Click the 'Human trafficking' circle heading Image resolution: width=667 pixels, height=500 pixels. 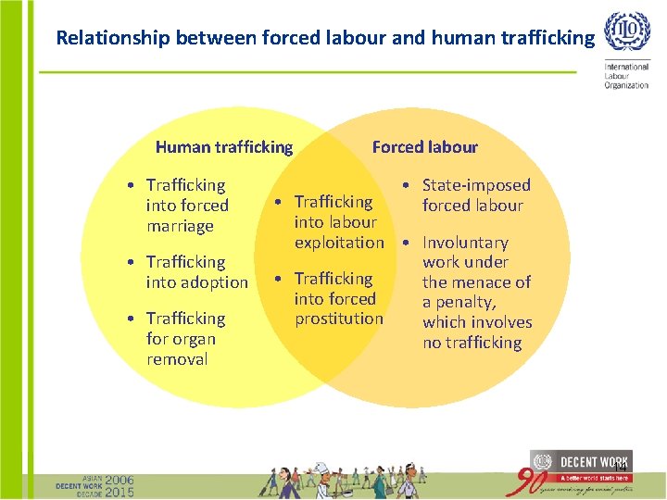(x=224, y=146)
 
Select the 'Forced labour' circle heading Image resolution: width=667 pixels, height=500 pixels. (x=424, y=146)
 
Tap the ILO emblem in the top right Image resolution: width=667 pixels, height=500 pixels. (x=627, y=33)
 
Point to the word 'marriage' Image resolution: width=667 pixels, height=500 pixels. (x=180, y=226)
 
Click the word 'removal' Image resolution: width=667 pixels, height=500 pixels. (x=177, y=359)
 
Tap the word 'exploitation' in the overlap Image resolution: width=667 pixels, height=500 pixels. (x=339, y=243)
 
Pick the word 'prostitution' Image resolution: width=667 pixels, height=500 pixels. (x=339, y=319)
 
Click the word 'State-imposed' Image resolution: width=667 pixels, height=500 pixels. (x=476, y=185)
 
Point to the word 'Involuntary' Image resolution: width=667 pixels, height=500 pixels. (x=465, y=243)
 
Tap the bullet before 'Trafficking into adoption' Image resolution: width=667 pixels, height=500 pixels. (x=133, y=262)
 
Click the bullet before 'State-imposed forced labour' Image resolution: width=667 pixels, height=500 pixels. (x=409, y=185)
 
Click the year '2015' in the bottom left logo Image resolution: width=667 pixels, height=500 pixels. (x=119, y=492)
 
